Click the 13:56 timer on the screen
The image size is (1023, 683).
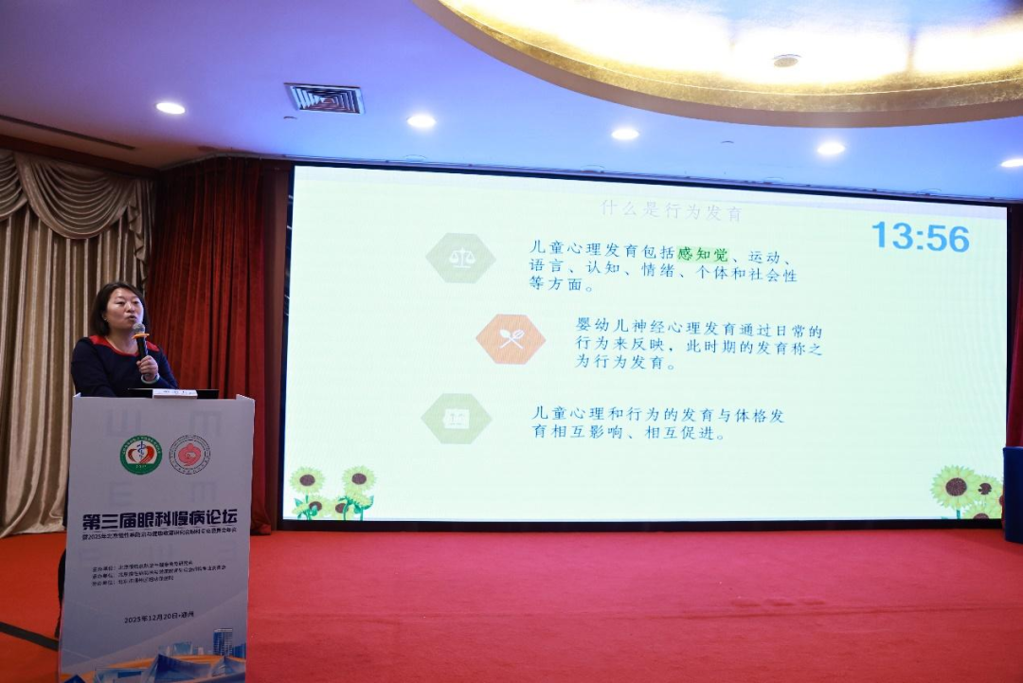[x=920, y=237]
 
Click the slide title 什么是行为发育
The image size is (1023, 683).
[x=672, y=210]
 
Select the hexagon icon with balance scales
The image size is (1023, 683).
[x=460, y=258]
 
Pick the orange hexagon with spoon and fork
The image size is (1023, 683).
[x=511, y=339]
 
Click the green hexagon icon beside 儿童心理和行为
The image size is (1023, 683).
[x=457, y=419]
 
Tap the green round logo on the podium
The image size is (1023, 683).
[x=140, y=455]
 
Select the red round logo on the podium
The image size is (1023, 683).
[x=189, y=455]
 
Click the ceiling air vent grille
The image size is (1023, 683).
[x=324, y=98]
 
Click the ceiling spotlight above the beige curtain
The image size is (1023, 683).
[x=170, y=108]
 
